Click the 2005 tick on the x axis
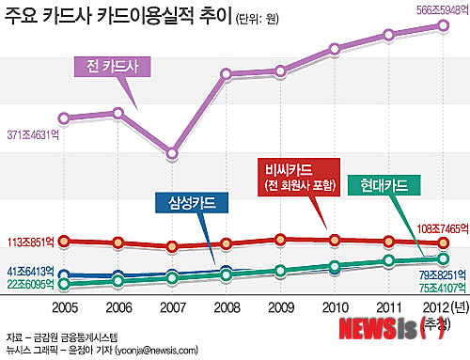(64, 306)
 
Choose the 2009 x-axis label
(280, 306)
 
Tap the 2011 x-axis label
(388, 306)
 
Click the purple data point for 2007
(172, 153)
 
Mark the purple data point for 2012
(444, 25)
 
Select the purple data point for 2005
(64, 117)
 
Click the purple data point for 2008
(227, 74)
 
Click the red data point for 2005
(64, 242)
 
